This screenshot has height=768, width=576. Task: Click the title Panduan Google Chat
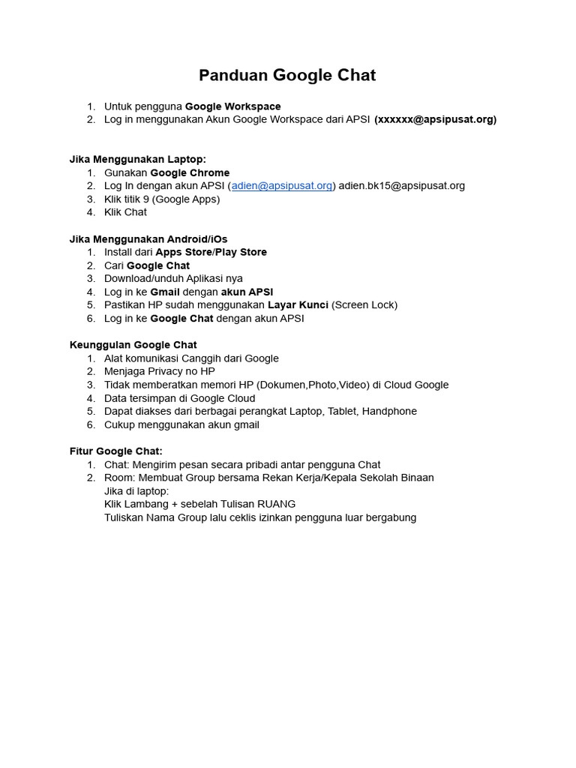[x=287, y=75]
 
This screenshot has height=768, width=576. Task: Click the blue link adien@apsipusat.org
[x=282, y=186]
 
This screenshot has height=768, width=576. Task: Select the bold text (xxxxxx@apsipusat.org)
[x=435, y=119]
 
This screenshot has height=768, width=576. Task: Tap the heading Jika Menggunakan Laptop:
[x=137, y=159]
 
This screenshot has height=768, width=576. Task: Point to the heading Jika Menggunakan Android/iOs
[x=148, y=239]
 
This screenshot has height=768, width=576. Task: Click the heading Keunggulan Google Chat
[x=133, y=345]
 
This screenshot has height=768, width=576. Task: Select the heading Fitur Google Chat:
[x=116, y=451]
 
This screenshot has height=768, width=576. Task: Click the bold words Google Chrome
[x=190, y=172]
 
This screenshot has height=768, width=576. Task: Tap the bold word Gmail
[x=165, y=292]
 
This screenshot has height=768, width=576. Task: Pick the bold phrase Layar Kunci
[x=298, y=305]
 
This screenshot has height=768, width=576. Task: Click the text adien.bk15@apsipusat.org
[x=402, y=186]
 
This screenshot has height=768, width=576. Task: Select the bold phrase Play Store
[x=241, y=252]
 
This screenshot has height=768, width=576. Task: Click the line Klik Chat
[x=125, y=212]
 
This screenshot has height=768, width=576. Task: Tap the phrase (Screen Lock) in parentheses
[x=364, y=305]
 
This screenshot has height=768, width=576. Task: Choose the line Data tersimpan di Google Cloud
[x=179, y=398]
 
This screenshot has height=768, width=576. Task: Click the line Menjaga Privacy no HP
[x=159, y=371]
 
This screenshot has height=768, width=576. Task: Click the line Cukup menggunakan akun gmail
[x=181, y=424]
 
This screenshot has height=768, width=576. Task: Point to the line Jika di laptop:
[x=136, y=491]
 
